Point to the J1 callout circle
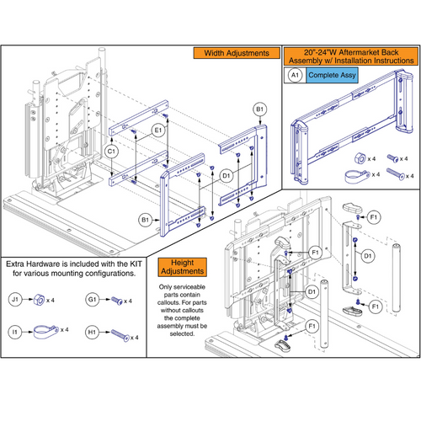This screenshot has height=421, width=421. click(14, 299)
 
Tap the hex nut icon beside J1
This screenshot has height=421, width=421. click(39, 299)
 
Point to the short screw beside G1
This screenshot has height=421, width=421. click(120, 300)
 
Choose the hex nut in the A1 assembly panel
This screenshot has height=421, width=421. click(359, 157)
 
